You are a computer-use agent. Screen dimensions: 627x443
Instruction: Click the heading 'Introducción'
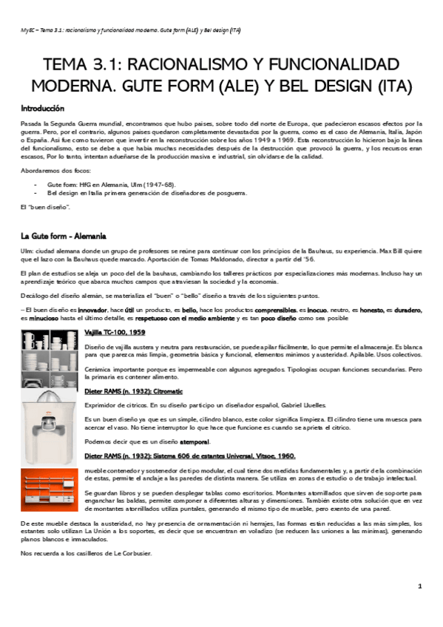[42, 108]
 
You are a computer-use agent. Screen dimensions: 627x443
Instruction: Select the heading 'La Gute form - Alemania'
[64, 236]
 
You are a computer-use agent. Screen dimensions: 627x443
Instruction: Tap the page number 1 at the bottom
[419, 586]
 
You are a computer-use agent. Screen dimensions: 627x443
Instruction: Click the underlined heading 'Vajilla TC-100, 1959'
[115, 333]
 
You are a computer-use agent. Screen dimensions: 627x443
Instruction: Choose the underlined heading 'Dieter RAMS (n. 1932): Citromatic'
[134, 390]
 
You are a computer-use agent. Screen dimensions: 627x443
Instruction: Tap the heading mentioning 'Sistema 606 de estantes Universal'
[190, 455]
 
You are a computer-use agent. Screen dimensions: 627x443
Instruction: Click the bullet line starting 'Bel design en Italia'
[146, 193]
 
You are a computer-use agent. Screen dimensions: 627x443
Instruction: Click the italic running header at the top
[129, 30]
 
